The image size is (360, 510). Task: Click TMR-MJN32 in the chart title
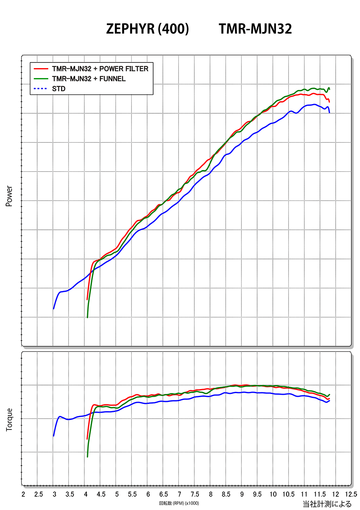[x=255, y=29]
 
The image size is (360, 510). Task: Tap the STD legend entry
[x=58, y=89]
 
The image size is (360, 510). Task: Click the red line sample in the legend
[x=41, y=69]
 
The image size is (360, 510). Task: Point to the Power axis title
[x=9, y=196]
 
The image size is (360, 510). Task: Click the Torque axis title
[x=9, y=420]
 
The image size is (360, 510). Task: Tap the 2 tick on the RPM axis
[x=23, y=494]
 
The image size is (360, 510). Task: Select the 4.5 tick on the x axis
[x=101, y=494]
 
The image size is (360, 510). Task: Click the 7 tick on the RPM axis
[x=179, y=494]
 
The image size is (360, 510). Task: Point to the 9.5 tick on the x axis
[x=257, y=494]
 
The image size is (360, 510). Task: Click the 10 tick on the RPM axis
[x=273, y=494]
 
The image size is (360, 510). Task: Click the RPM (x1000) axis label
[x=179, y=503]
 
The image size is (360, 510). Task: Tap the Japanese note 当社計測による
[x=327, y=504]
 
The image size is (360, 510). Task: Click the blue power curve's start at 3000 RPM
[x=54, y=309]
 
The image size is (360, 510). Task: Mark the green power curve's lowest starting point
[x=87, y=317]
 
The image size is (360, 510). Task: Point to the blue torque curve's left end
[x=54, y=436]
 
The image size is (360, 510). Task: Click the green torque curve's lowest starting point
[x=87, y=456]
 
